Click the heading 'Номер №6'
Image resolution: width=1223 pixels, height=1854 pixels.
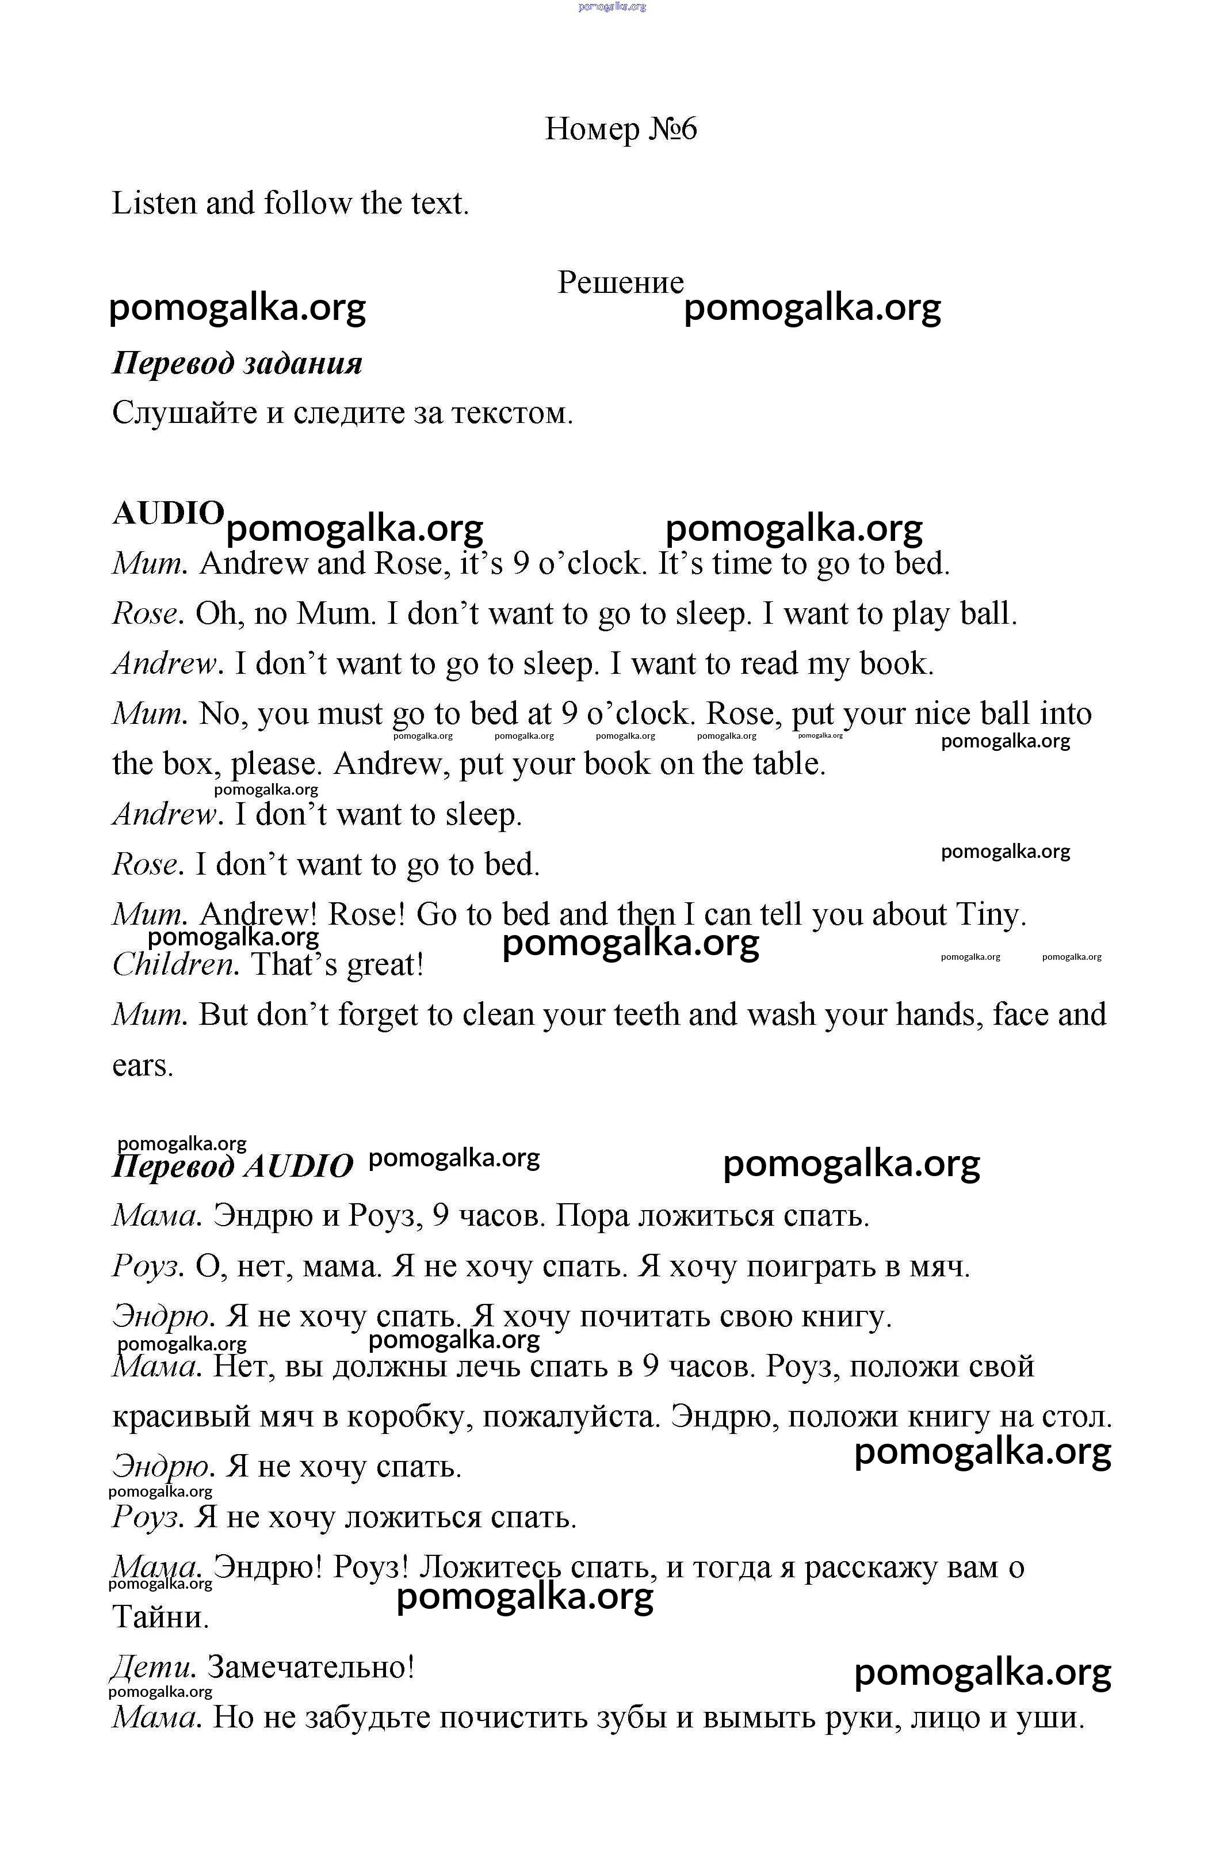click(620, 129)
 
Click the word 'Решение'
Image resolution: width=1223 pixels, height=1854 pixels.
click(620, 283)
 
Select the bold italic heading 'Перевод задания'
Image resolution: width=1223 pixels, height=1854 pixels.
click(237, 364)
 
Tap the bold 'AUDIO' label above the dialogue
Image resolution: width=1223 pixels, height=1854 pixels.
click(168, 513)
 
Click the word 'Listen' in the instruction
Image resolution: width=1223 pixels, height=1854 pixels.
click(154, 204)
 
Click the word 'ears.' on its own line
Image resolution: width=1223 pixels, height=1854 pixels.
click(143, 1066)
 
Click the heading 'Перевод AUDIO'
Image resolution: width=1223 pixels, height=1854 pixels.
click(232, 1167)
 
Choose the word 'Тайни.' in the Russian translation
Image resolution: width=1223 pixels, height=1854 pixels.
click(160, 1618)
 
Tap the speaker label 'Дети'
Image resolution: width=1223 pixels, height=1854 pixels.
click(153, 1668)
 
